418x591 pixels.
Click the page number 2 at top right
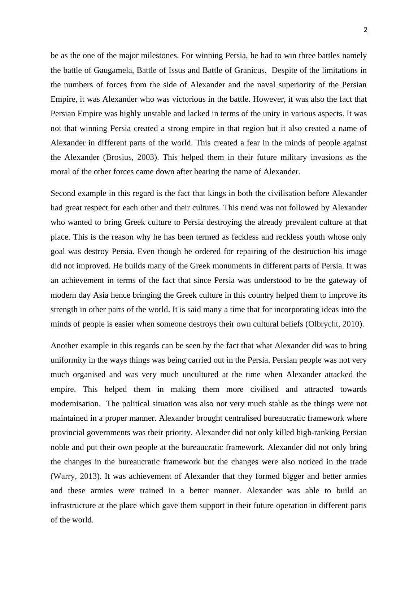tap(365, 30)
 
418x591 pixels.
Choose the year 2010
tap(351, 324)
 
